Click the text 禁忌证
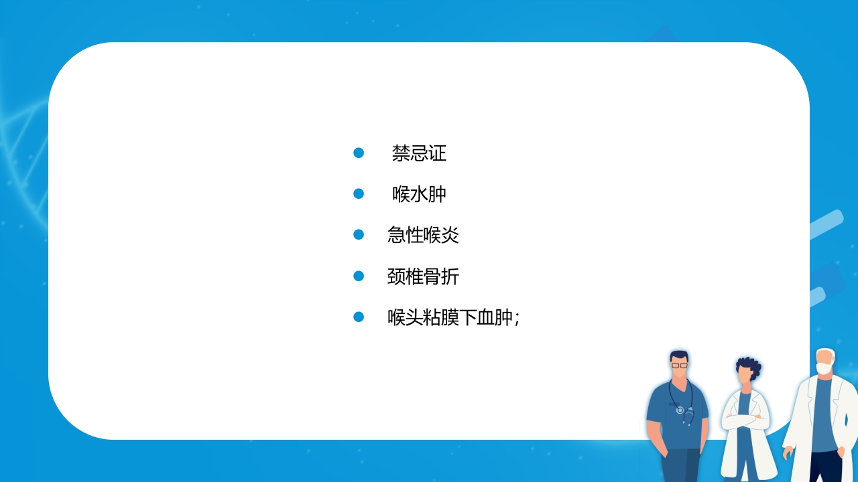pyautogui.click(x=419, y=153)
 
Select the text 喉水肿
pyautogui.click(x=419, y=194)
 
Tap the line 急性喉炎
pyautogui.click(x=423, y=235)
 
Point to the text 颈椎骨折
pyautogui.click(x=423, y=276)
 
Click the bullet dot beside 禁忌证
pyautogui.click(x=359, y=153)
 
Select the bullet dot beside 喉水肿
pyautogui.click(x=359, y=194)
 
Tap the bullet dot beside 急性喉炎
pyautogui.click(x=359, y=234)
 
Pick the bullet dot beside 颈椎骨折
pyautogui.click(x=359, y=276)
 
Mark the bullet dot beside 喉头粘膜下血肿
pyautogui.click(x=359, y=317)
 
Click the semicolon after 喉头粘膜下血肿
pyautogui.click(x=517, y=318)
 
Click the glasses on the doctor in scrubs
pyautogui.click(x=680, y=366)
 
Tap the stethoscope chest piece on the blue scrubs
pyautogui.click(x=680, y=410)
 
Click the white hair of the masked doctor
pyautogui.click(x=827, y=354)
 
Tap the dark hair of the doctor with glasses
pyautogui.click(x=679, y=355)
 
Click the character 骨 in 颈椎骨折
pyautogui.click(x=432, y=276)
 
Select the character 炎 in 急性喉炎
pyautogui.click(x=450, y=235)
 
